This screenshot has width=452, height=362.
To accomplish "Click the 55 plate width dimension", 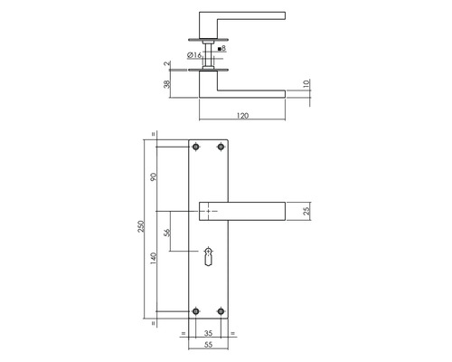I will coord(211,347).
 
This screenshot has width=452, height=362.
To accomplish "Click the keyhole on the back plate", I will coord(211,257).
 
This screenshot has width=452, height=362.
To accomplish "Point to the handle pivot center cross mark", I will coord(210,211).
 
